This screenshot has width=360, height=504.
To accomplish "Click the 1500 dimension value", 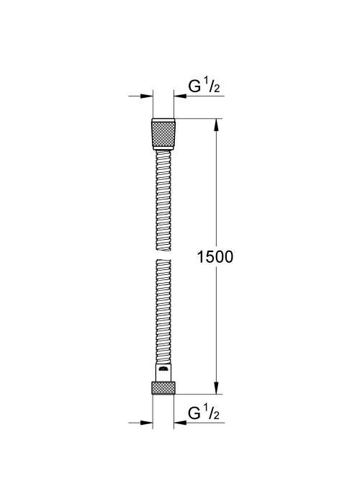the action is tap(215, 257).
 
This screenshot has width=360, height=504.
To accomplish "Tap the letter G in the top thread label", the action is tap(194, 86).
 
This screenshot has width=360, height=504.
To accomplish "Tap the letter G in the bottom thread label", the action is tap(194, 413).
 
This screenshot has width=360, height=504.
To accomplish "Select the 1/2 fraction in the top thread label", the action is tap(212, 86).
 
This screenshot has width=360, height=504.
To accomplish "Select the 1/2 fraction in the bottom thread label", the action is tap(212, 413).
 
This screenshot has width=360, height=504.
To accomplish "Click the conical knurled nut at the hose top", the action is tap(163, 134).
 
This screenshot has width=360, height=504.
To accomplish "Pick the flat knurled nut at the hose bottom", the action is tap(163, 388).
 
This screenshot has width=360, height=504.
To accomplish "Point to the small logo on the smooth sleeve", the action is tap(163, 369).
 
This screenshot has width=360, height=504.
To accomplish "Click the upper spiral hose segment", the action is tap(163, 201).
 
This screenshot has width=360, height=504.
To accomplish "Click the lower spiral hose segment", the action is tap(163, 312).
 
